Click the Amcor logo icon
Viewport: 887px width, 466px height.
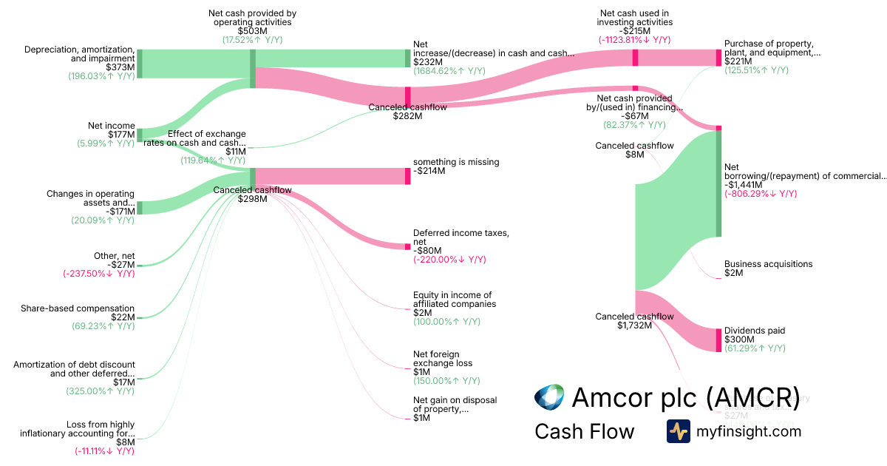click(549, 397)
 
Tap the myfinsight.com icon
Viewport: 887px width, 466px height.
click(678, 431)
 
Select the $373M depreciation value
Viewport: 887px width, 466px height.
click(120, 67)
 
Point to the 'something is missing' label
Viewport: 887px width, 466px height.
click(456, 162)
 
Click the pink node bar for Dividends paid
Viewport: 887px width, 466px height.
click(718, 340)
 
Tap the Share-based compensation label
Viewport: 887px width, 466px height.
click(78, 308)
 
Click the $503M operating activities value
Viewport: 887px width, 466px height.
click(252, 31)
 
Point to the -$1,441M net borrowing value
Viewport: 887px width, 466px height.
click(749, 185)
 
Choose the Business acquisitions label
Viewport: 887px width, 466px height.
click(768, 264)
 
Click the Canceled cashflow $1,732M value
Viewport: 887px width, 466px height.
click(635, 325)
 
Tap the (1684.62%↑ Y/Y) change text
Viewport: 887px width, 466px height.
click(449, 71)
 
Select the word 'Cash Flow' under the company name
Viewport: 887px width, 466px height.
click(584, 431)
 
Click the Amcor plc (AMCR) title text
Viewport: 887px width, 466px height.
click(685, 397)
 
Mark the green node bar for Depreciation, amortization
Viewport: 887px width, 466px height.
click(139, 64)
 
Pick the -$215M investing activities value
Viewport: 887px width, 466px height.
click(635, 31)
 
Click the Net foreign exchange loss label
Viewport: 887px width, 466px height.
click(442, 359)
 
